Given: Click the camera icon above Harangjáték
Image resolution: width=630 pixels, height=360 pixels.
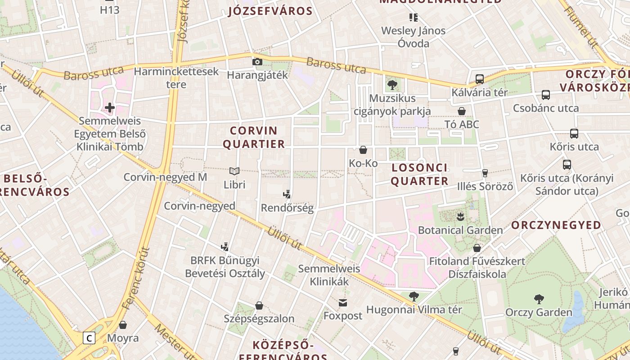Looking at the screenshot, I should [257, 62].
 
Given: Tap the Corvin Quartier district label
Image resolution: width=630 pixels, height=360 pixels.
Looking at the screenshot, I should [254, 137].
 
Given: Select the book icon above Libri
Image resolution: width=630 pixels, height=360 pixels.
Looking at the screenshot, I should [234, 171].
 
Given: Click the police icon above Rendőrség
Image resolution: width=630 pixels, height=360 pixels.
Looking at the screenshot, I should [287, 194].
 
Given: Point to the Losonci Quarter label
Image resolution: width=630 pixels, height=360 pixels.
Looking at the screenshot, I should [419, 174].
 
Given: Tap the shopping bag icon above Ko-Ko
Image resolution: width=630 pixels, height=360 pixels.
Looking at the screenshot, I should [363, 150].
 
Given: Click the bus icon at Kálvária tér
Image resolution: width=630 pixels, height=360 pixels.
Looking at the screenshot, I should [480, 79].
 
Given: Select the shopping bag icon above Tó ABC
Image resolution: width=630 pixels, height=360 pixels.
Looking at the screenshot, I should [462, 111].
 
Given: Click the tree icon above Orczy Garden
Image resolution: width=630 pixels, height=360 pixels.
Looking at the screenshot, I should [539, 299].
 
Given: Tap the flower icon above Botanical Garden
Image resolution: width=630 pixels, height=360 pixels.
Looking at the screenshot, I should [460, 217].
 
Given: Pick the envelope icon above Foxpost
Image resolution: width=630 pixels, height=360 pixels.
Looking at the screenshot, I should [343, 303].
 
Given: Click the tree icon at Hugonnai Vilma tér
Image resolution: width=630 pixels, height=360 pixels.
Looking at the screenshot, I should [414, 297].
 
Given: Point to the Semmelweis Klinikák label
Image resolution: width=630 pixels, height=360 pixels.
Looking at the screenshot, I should [329, 275].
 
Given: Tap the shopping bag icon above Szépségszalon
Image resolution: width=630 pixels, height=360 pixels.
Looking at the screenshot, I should [259, 306].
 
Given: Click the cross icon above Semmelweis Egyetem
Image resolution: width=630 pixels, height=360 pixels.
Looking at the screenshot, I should [109, 108].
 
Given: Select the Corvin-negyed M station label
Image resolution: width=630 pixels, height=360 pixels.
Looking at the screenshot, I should [165, 177].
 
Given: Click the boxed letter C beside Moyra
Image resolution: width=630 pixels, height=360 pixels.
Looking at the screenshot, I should [90, 338].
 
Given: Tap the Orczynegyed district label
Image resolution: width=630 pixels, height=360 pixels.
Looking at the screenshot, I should [556, 225].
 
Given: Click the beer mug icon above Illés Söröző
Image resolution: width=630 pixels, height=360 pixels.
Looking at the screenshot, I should [485, 173].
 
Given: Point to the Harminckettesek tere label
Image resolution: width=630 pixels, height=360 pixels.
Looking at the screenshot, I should [176, 78].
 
